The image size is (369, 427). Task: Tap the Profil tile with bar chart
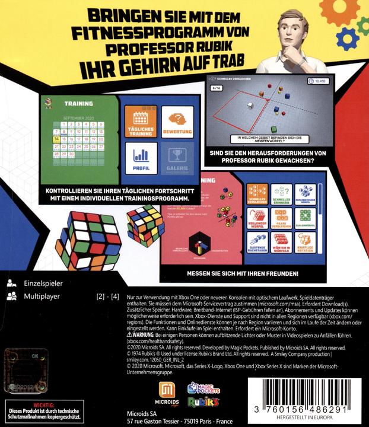tap(141, 159)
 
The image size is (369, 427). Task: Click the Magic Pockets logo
tap(203, 388)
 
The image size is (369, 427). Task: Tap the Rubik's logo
tap(203, 403)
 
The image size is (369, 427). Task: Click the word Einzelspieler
tap(43, 284)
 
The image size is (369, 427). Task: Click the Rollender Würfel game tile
tap(256, 218)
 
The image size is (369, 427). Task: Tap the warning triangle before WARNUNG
tap(122, 335)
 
